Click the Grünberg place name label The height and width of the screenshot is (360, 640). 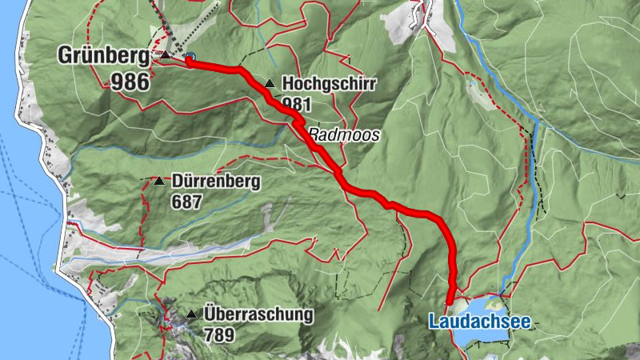(x=102, y=56)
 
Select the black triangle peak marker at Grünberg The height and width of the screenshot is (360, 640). (x=165, y=55)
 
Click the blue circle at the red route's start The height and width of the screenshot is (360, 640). (x=190, y=58)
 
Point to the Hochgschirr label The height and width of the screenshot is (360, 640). (x=318, y=82)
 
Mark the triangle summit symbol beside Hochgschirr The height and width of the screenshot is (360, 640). (x=270, y=82)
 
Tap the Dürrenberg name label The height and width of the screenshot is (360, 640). (x=216, y=182)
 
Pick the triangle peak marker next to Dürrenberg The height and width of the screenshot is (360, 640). (x=158, y=182)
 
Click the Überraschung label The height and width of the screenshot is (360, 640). (x=258, y=314)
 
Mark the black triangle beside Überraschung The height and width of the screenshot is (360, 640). (x=191, y=314)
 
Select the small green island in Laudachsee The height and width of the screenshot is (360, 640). (x=494, y=304)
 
